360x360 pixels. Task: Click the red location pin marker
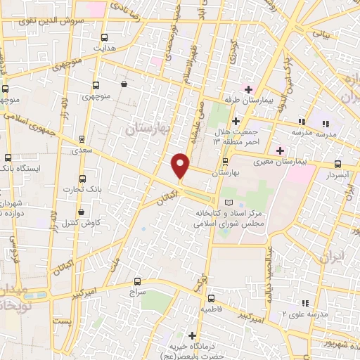pos(181,165)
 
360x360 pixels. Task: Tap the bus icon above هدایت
pos(105,37)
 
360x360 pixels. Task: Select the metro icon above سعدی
pos(82,139)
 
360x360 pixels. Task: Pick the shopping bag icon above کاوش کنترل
pos(82,211)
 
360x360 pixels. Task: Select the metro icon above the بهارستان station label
pos(225,160)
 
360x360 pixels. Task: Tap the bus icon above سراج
pos(137,278)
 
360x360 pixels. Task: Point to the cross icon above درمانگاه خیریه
pos(192,335)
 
